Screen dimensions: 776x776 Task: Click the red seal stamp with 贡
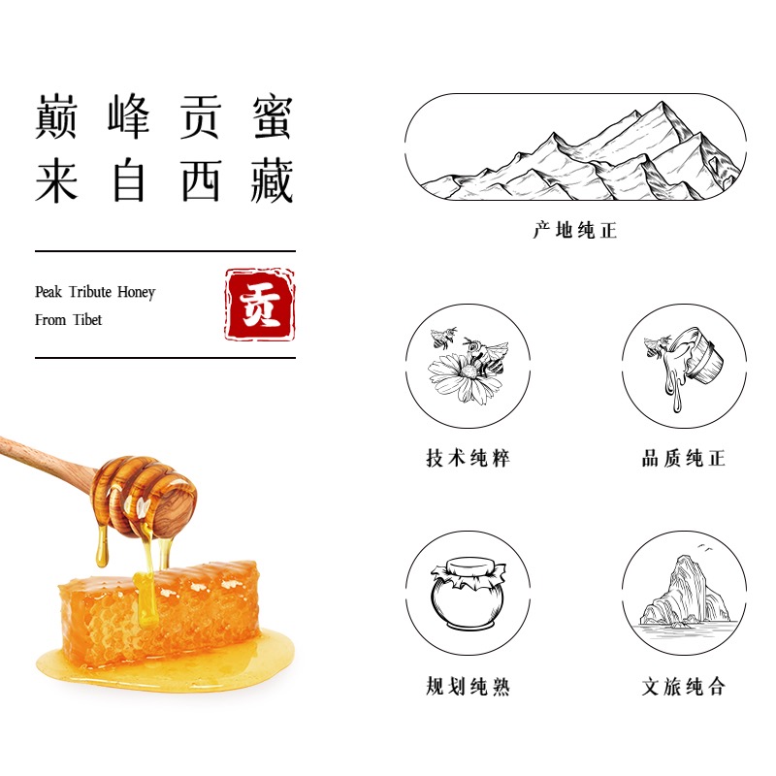(260, 305)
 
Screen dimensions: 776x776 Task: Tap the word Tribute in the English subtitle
(90, 292)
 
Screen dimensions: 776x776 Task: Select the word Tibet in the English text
(87, 320)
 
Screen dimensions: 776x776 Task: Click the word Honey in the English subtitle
(136, 293)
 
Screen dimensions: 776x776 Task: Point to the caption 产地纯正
(575, 231)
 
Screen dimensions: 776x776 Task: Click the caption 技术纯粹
(469, 458)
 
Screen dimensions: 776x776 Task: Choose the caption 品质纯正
(684, 458)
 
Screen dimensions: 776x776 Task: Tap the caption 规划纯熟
(469, 687)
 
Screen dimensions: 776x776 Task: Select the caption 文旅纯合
(684, 687)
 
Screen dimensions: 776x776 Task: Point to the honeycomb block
(159, 614)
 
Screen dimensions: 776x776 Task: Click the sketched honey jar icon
(468, 593)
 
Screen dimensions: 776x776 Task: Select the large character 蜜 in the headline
(273, 116)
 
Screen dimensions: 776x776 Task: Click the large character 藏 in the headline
(273, 180)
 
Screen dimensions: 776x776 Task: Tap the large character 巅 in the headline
(56, 116)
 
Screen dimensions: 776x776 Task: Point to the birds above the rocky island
(705, 547)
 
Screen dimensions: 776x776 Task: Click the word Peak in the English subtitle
(48, 292)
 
